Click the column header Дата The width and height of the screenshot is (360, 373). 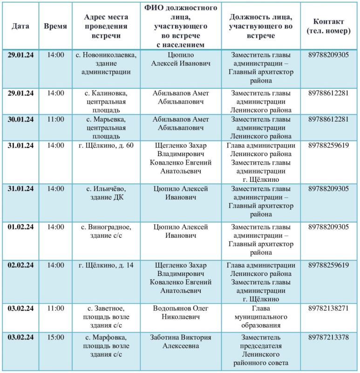pos(20,26)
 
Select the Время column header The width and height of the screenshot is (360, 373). pos(55,26)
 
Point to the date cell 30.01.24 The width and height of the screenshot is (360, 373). pos(20,119)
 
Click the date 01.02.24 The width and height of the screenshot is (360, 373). pos(20,227)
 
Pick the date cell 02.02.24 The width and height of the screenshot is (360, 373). pos(20,265)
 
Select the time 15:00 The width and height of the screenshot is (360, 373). pos(55,337)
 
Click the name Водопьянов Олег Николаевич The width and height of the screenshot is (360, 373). pos(180,313)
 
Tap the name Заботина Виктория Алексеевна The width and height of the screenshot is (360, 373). pos(180,341)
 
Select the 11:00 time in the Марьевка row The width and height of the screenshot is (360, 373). pos(55,119)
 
